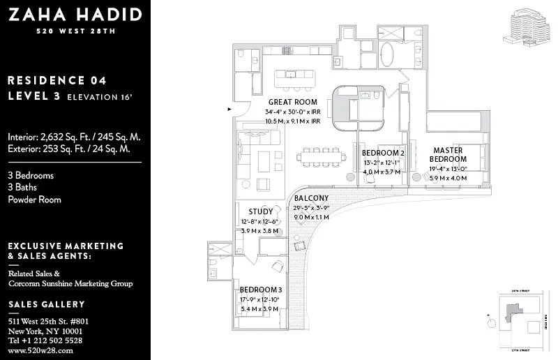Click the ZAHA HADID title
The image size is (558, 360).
(75, 14)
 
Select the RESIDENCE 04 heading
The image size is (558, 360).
(57, 80)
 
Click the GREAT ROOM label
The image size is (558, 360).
(293, 102)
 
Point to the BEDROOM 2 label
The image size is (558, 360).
(383, 153)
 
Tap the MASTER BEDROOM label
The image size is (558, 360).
(448, 155)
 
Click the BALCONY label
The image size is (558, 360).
(310, 198)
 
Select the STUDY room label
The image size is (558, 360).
(261, 211)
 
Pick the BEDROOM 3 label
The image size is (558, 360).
(260, 290)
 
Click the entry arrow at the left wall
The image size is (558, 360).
(229, 109)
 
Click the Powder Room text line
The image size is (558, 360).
(34, 200)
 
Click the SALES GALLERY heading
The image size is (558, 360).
(46, 304)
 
